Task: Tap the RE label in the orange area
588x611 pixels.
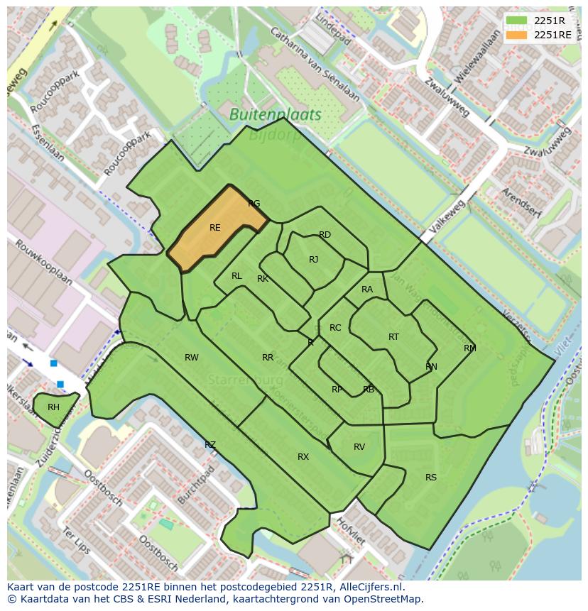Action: pyautogui.click(x=215, y=228)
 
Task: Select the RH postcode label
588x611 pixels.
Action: pyautogui.click(x=53, y=407)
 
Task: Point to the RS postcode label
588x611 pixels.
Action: pyautogui.click(x=431, y=478)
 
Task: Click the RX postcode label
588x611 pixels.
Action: pyautogui.click(x=303, y=457)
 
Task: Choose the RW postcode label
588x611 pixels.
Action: pyautogui.click(x=192, y=358)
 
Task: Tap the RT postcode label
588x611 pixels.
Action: pyautogui.click(x=393, y=337)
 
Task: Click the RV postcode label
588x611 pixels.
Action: pyautogui.click(x=359, y=447)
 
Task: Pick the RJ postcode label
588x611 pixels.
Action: pyautogui.click(x=313, y=260)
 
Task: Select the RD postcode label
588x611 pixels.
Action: pyautogui.click(x=325, y=235)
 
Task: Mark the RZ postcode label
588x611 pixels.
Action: pyautogui.click(x=210, y=445)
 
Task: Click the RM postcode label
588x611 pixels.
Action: pyautogui.click(x=470, y=348)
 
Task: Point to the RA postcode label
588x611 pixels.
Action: pyautogui.click(x=367, y=290)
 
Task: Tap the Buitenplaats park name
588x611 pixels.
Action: pyautogui.click(x=276, y=114)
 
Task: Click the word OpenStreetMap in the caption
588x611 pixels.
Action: pyautogui.click(x=384, y=599)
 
